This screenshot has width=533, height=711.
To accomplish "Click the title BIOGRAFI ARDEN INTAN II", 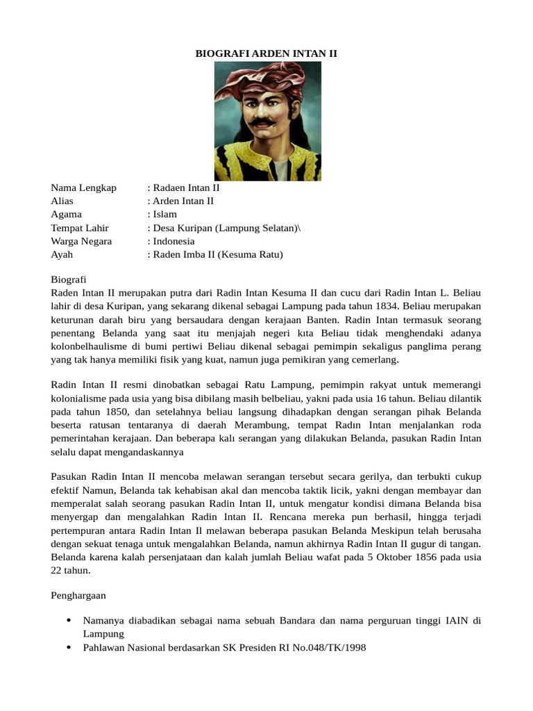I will coord(266,53).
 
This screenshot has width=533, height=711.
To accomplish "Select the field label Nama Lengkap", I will coord(83,188).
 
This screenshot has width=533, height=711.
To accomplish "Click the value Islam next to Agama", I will coord(164,215).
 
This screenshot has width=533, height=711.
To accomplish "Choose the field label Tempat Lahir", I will coord(80,228).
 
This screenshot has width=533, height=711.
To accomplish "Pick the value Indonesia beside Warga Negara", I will coord(174,241).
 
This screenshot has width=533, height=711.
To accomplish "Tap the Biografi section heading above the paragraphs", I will coord(69,281).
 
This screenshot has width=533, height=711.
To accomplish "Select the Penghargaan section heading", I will coord(78,596).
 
